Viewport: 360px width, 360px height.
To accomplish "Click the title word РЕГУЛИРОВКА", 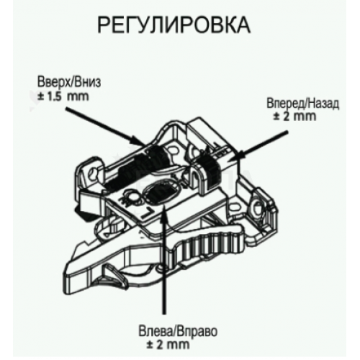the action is point(174,25).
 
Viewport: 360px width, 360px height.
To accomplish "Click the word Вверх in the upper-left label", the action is point(51,83).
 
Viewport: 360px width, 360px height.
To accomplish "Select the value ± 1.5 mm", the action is point(63,96).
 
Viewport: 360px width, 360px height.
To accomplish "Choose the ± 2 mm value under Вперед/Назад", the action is point(294,117).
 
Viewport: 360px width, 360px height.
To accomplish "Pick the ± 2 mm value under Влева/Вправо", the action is point(168,345).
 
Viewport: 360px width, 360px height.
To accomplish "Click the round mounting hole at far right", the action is point(256,206).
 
